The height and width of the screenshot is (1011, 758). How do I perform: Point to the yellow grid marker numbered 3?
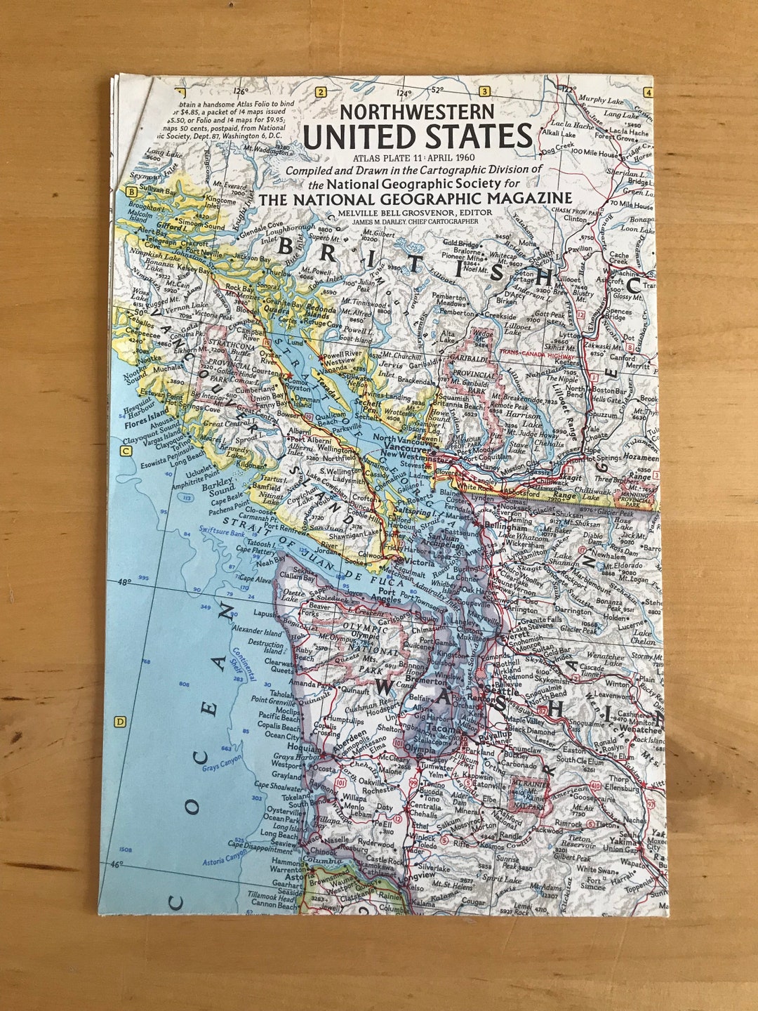click(x=484, y=92)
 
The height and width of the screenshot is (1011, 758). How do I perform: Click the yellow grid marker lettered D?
click(x=120, y=721)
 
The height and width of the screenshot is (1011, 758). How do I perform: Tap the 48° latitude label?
click(x=124, y=582)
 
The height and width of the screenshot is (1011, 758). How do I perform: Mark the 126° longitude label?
click(x=241, y=91)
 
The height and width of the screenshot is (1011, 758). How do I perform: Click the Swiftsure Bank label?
click(x=221, y=533)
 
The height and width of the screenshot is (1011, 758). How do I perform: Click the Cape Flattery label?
click(x=255, y=551)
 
